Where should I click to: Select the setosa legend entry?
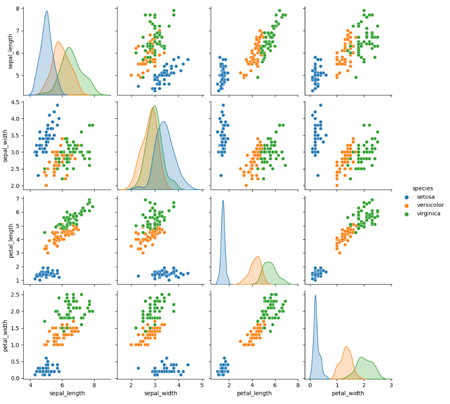click(x=425, y=197)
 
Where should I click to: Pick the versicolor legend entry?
click(x=430, y=205)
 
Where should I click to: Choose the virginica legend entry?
click(x=428, y=213)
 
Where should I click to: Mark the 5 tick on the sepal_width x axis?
click(x=202, y=385)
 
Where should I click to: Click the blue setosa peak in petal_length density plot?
click(x=223, y=201)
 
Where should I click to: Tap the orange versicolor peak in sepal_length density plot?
click(x=58, y=42)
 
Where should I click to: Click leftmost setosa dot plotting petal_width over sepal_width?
click(x=138, y=368)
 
